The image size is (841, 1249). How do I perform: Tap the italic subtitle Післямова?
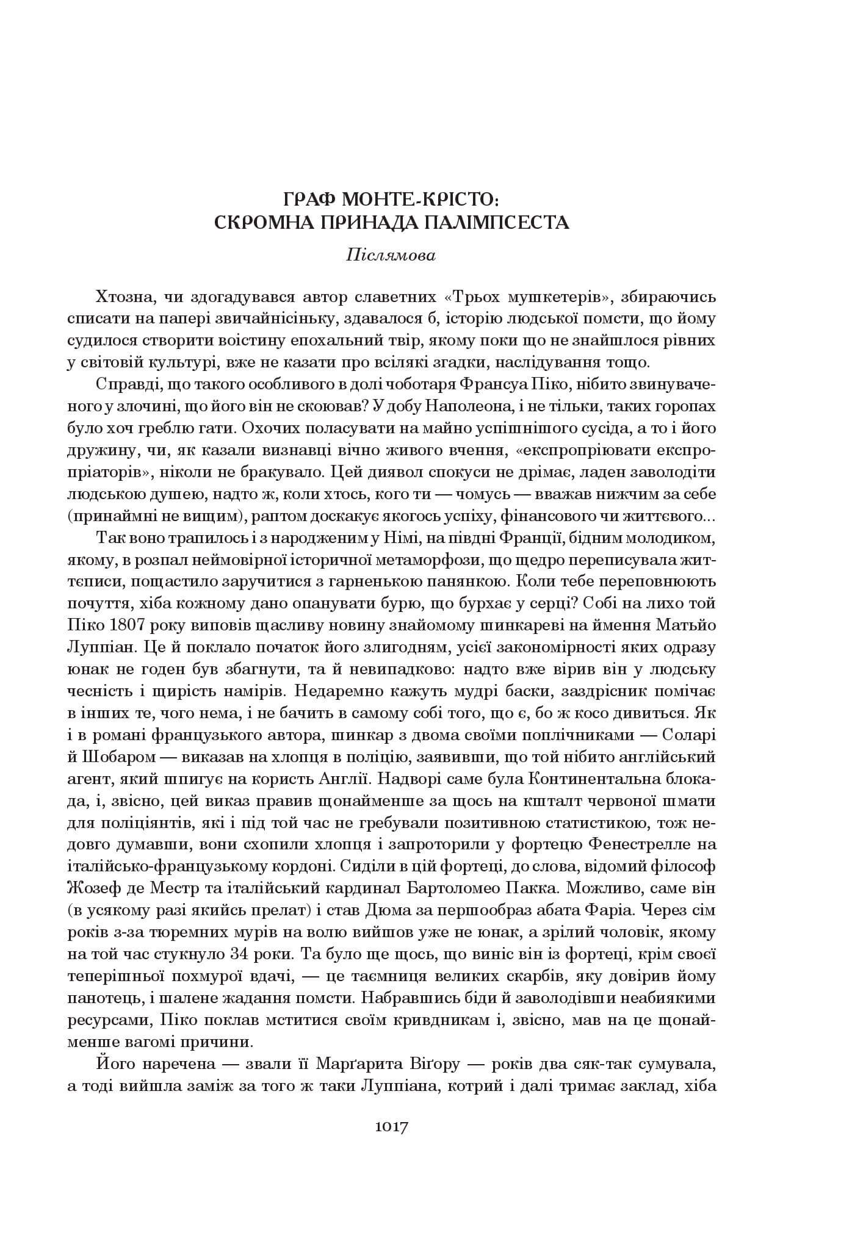coord(391,255)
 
